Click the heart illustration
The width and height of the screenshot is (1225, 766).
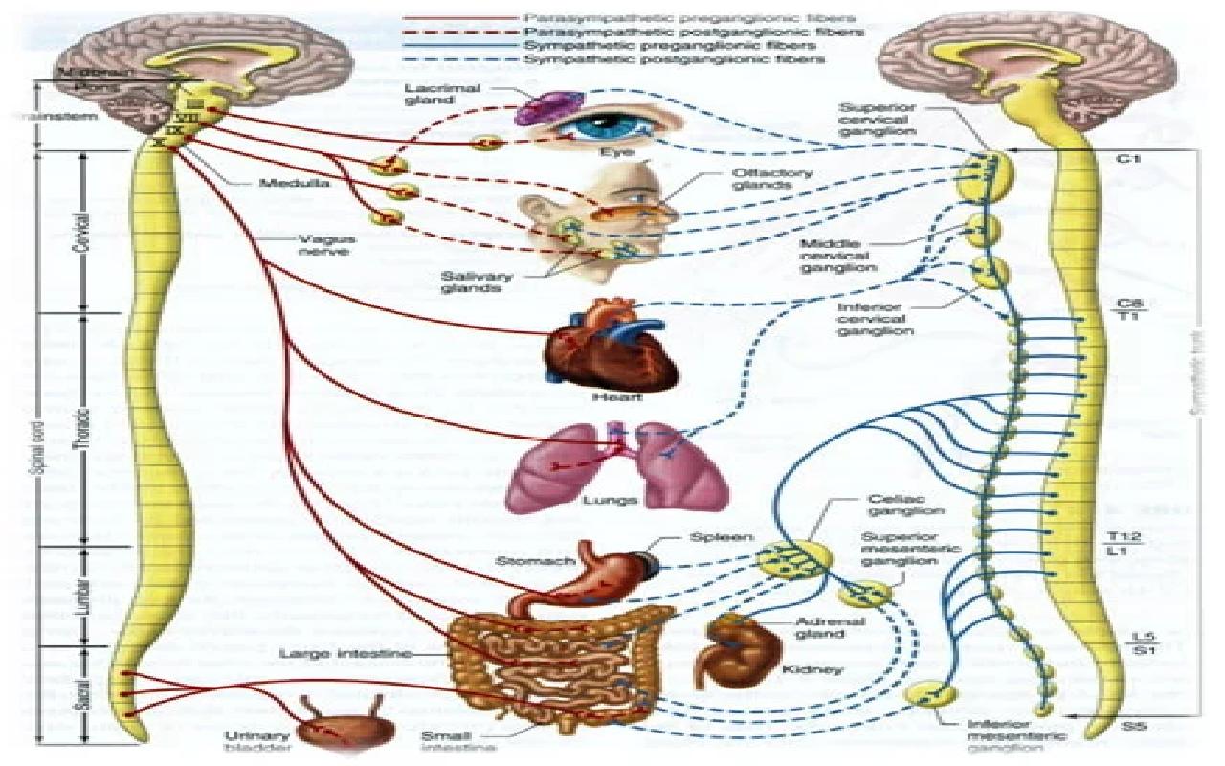click(x=610, y=350)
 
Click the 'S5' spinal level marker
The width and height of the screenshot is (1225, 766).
click(x=1134, y=727)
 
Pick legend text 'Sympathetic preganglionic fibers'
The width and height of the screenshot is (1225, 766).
click(x=670, y=45)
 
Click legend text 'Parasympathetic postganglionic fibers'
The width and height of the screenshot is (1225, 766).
click(x=688, y=32)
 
